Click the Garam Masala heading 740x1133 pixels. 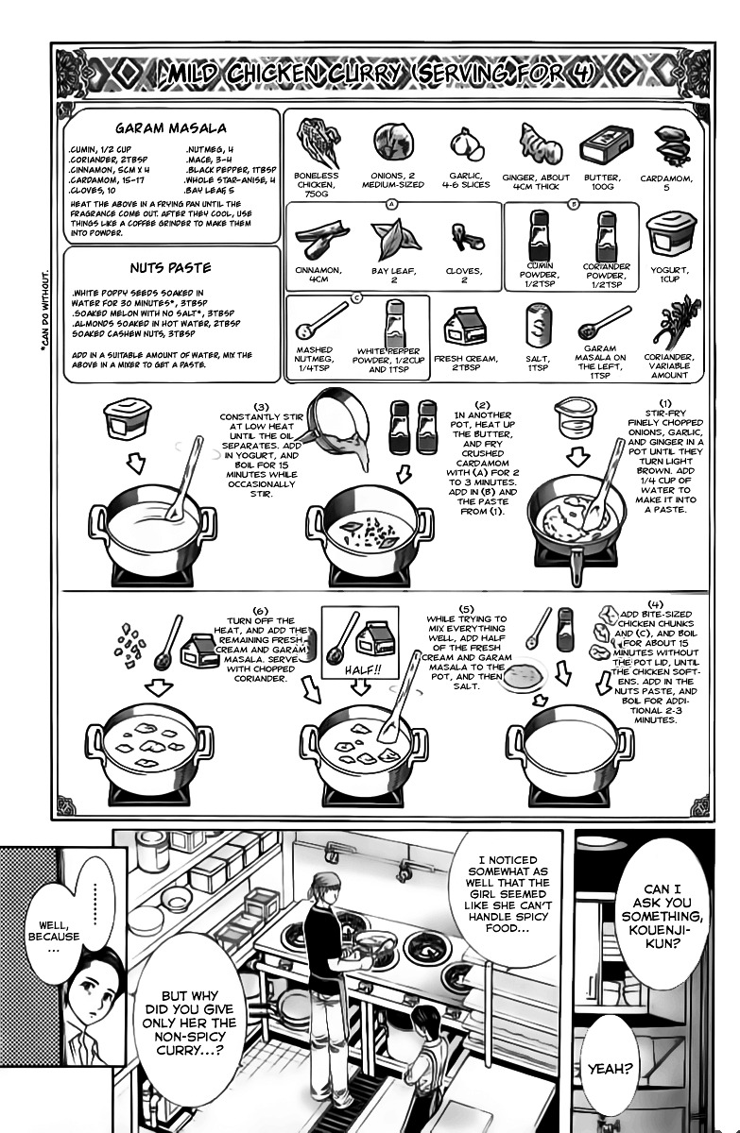[x=170, y=128]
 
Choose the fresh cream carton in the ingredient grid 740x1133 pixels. [x=464, y=329]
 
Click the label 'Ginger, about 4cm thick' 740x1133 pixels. [x=542, y=181]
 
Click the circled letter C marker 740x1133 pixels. [x=356, y=297]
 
